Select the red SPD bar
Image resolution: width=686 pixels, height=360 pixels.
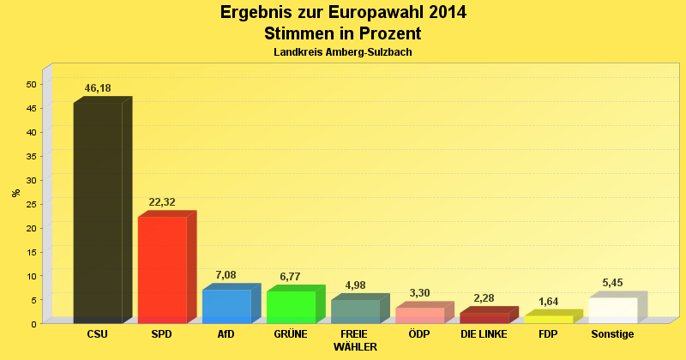162,269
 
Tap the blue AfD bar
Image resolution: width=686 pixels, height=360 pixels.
226,306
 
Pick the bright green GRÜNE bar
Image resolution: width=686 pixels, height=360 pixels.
291,307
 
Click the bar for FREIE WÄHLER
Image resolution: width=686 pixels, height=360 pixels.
355,311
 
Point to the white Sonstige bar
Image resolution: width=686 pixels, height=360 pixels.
612,309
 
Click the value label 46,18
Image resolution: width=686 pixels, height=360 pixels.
99,88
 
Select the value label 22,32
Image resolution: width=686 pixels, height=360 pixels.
162,202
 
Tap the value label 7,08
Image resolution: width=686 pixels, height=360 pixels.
226,275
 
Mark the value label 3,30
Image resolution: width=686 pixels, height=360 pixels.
419,293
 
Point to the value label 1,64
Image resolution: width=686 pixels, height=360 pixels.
548,301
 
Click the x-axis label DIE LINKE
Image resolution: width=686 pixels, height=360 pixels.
484,334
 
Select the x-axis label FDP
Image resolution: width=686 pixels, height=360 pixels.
548,334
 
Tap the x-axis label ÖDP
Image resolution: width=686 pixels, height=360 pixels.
419,334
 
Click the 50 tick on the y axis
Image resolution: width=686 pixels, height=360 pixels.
32,84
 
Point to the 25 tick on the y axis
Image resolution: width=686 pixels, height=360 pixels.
32,204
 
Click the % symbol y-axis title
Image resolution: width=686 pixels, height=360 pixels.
16,193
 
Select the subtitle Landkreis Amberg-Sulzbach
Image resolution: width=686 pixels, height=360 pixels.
343,52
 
